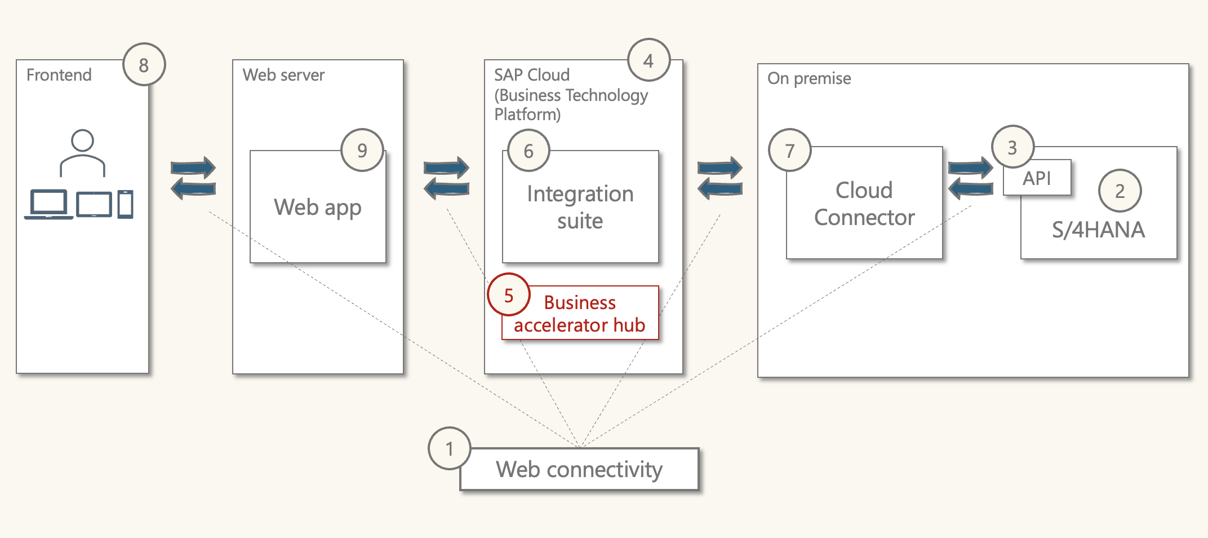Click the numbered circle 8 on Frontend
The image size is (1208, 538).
coord(144,65)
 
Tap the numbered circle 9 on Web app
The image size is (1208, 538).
coord(362,150)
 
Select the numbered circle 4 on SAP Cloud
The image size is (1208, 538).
coord(649,60)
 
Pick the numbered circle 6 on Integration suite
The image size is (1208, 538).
coord(528,151)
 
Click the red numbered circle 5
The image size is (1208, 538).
coord(509,295)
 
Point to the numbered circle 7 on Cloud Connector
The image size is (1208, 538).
coord(790,151)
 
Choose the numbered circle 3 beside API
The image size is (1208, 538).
coord(1012,147)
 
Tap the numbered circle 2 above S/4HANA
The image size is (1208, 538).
coord(1120,191)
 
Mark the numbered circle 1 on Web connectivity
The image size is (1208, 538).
coord(450,448)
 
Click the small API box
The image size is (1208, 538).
coord(1037,178)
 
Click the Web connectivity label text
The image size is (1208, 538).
coord(579,469)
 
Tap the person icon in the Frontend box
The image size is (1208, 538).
coord(83,153)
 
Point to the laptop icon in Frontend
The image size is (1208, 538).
coord(48,204)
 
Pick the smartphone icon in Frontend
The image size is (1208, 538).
coord(126,204)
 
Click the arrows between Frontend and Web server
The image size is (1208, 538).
coord(193,178)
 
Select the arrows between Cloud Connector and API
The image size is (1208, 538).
coord(970,178)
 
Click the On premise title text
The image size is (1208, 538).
coord(809,78)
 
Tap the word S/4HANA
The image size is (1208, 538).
coord(1098,230)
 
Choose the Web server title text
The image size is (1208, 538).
coord(283,75)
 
